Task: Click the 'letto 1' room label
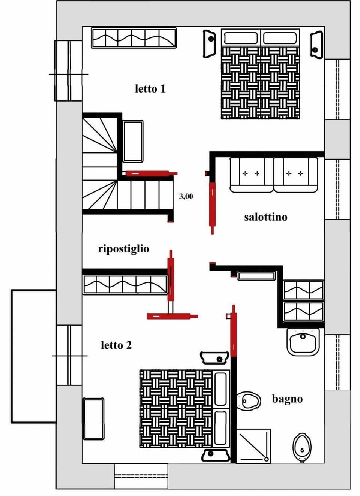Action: coord(150,89)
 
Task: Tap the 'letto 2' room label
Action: coord(116,345)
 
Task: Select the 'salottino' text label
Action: coord(265,217)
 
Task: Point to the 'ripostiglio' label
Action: coord(123,249)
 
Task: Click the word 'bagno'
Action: coord(287,399)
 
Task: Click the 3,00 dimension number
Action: coord(186,196)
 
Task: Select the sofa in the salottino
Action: coord(274,175)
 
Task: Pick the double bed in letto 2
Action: coord(184,408)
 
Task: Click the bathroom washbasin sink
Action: coord(303,341)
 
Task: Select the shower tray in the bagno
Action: coord(253,446)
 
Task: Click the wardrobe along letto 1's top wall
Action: coord(134,38)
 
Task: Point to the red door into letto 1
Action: coord(150,173)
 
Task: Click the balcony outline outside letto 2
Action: coord(33,356)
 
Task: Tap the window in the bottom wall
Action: coord(141,476)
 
